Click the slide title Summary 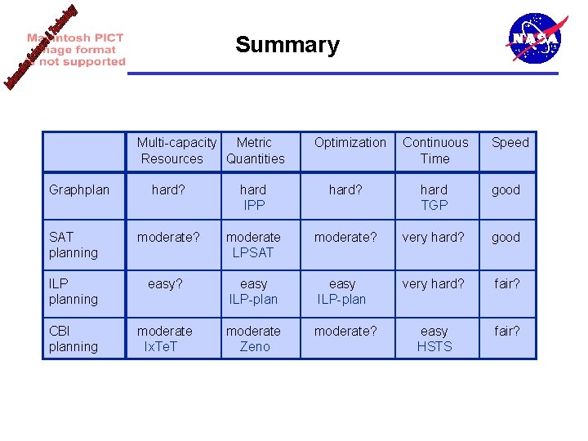coord(287,45)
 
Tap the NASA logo coord(535,38)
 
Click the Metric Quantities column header coord(255,150)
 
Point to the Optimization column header coord(350,143)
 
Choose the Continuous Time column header coord(434,150)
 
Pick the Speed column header coord(510,143)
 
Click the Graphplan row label coord(79,190)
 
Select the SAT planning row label coord(73,245)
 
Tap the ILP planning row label coord(73,292)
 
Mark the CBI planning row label coord(73,339)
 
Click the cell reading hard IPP coord(254,198)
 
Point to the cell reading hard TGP coord(434,198)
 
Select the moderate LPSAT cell coord(253,245)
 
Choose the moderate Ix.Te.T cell coord(165,339)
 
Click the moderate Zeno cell coord(253,339)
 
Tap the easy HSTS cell coord(434,339)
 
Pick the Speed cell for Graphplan coord(506,190)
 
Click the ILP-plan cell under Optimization coord(342,292)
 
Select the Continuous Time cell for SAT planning coord(433,238)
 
